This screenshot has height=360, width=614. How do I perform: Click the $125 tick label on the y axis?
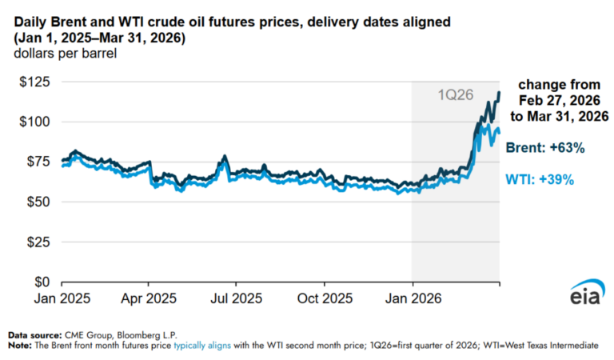coord(34,82)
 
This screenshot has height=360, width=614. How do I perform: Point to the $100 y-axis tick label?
coord(34,122)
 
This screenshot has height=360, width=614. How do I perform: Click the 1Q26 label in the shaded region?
coord(454,94)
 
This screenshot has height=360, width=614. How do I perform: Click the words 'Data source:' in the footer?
coord(33,334)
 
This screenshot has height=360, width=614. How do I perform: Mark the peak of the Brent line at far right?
coord(499,93)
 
